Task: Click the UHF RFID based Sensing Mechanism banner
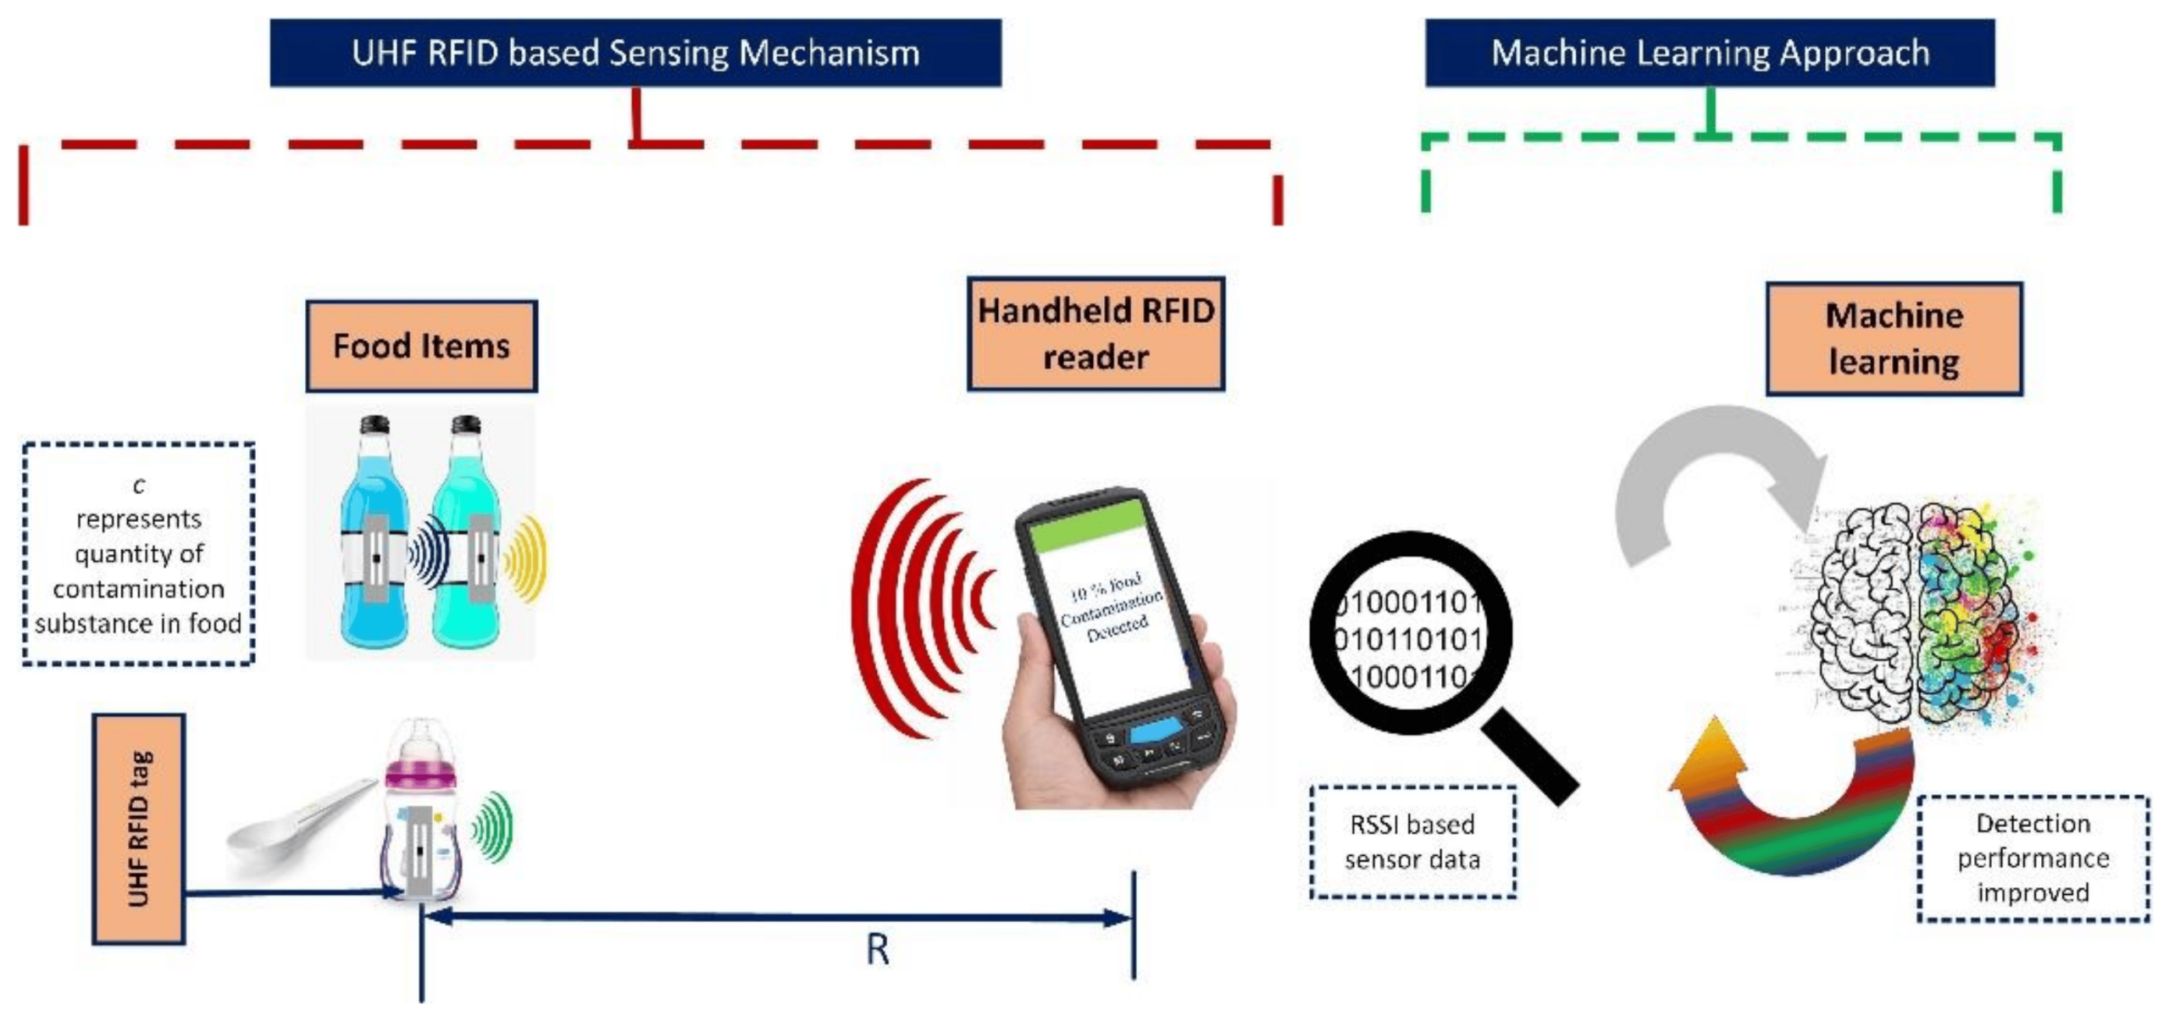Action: [635, 53]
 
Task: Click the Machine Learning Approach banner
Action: [1709, 53]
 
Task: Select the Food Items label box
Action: [421, 346]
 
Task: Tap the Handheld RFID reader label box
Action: [1095, 333]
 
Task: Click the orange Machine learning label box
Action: [1893, 339]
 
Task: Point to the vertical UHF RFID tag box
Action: [138, 828]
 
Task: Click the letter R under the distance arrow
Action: [877, 949]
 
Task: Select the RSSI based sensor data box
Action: [1412, 841]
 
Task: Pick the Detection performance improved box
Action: [2032, 858]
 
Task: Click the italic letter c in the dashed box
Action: [139, 485]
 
